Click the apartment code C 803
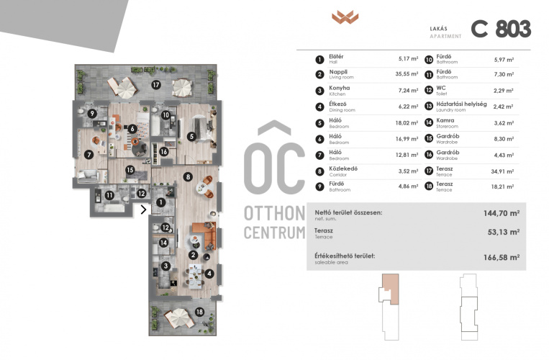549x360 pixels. click(x=501, y=28)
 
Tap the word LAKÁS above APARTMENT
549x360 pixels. click(x=439, y=29)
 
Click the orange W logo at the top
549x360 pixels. click(x=345, y=17)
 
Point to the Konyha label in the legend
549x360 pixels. click(x=340, y=88)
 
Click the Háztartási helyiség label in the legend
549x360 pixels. click(x=461, y=104)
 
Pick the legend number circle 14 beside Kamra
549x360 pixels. click(x=429, y=123)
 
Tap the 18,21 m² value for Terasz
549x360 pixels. click(x=502, y=186)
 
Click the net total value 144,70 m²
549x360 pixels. click(x=502, y=213)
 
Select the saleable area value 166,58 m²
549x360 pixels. click(x=502, y=257)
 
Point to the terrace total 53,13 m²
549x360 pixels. click(x=504, y=232)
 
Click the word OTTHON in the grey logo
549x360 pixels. click(x=275, y=213)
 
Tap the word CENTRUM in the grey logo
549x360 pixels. click(x=275, y=233)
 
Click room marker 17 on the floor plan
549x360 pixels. click(x=156, y=84)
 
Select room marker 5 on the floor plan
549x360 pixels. click(x=191, y=136)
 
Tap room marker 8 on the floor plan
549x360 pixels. click(x=188, y=177)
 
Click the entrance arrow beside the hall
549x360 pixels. click(x=144, y=210)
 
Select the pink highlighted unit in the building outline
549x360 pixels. click(x=391, y=289)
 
